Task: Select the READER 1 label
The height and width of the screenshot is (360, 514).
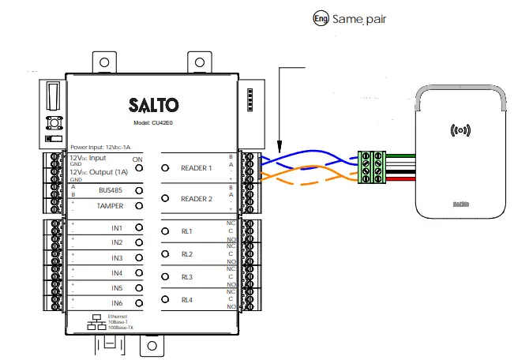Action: [x=197, y=168]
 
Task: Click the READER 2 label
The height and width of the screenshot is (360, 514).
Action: [x=197, y=199]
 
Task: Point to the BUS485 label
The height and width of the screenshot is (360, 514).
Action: [x=111, y=191]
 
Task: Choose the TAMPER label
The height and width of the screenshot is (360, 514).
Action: [x=110, y=206]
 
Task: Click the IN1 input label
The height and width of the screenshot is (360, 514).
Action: [x=117, y=227]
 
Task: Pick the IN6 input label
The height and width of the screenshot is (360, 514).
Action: [x=117, y=303]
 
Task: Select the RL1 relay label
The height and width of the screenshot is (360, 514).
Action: [x=187, y=231]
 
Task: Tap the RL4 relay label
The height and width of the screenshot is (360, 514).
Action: [x=187, y=301]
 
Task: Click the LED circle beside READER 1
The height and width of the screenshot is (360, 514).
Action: [x=165, y=167]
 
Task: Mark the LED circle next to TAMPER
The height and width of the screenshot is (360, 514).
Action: [x=139, y=206]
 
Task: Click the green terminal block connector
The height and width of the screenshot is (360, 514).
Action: [x=368, y=167]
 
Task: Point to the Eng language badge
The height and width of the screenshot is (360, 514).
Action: [x=321, y=17]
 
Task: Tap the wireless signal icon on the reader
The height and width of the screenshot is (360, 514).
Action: [x=460, y=129]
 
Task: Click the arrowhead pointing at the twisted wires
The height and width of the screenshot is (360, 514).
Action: [x=280, y=146]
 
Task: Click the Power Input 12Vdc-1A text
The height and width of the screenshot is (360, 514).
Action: [x=100, y=148]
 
